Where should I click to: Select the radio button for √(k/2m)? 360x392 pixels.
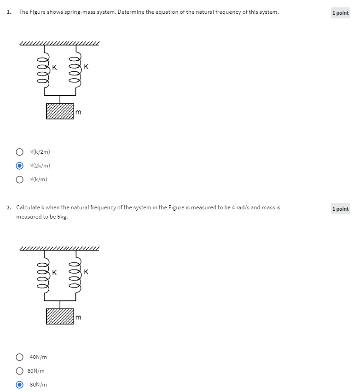(19, 152)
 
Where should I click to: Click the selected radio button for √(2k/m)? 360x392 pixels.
(19, 166)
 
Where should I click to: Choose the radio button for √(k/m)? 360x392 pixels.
(19, 179)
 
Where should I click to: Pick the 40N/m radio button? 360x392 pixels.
(19, 357)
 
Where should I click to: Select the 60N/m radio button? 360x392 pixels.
(19, 371)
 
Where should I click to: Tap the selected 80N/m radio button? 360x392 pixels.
(19, 385)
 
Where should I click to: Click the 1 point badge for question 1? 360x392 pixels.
(340, 13)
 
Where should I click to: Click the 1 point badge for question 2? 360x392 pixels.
(340, 209)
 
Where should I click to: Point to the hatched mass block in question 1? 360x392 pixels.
(60, 111)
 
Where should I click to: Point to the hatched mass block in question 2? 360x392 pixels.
(60, 317)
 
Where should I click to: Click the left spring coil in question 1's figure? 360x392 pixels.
(44, 71)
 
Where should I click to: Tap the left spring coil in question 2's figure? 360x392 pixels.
(44, 277)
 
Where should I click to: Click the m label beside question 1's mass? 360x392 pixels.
(78, 112)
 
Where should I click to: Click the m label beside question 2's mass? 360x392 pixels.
(78, 317)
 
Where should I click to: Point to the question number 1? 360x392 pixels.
(9, 12)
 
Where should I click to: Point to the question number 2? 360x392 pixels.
(9, 208)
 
